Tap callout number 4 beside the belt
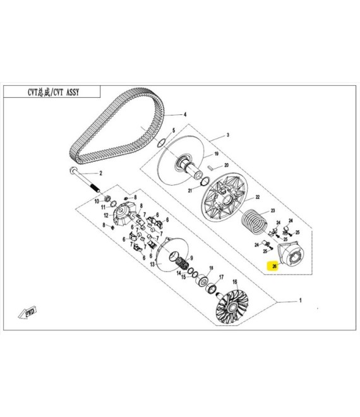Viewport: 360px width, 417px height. (185, 115)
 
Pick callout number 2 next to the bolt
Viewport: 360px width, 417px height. (99, 173)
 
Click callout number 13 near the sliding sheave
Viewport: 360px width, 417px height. (152, 265)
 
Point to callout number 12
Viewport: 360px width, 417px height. (106, 215)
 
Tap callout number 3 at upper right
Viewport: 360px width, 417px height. (228, 135)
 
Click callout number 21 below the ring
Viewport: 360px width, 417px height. (189, 190)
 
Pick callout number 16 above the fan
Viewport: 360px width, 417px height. (235, 282)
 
